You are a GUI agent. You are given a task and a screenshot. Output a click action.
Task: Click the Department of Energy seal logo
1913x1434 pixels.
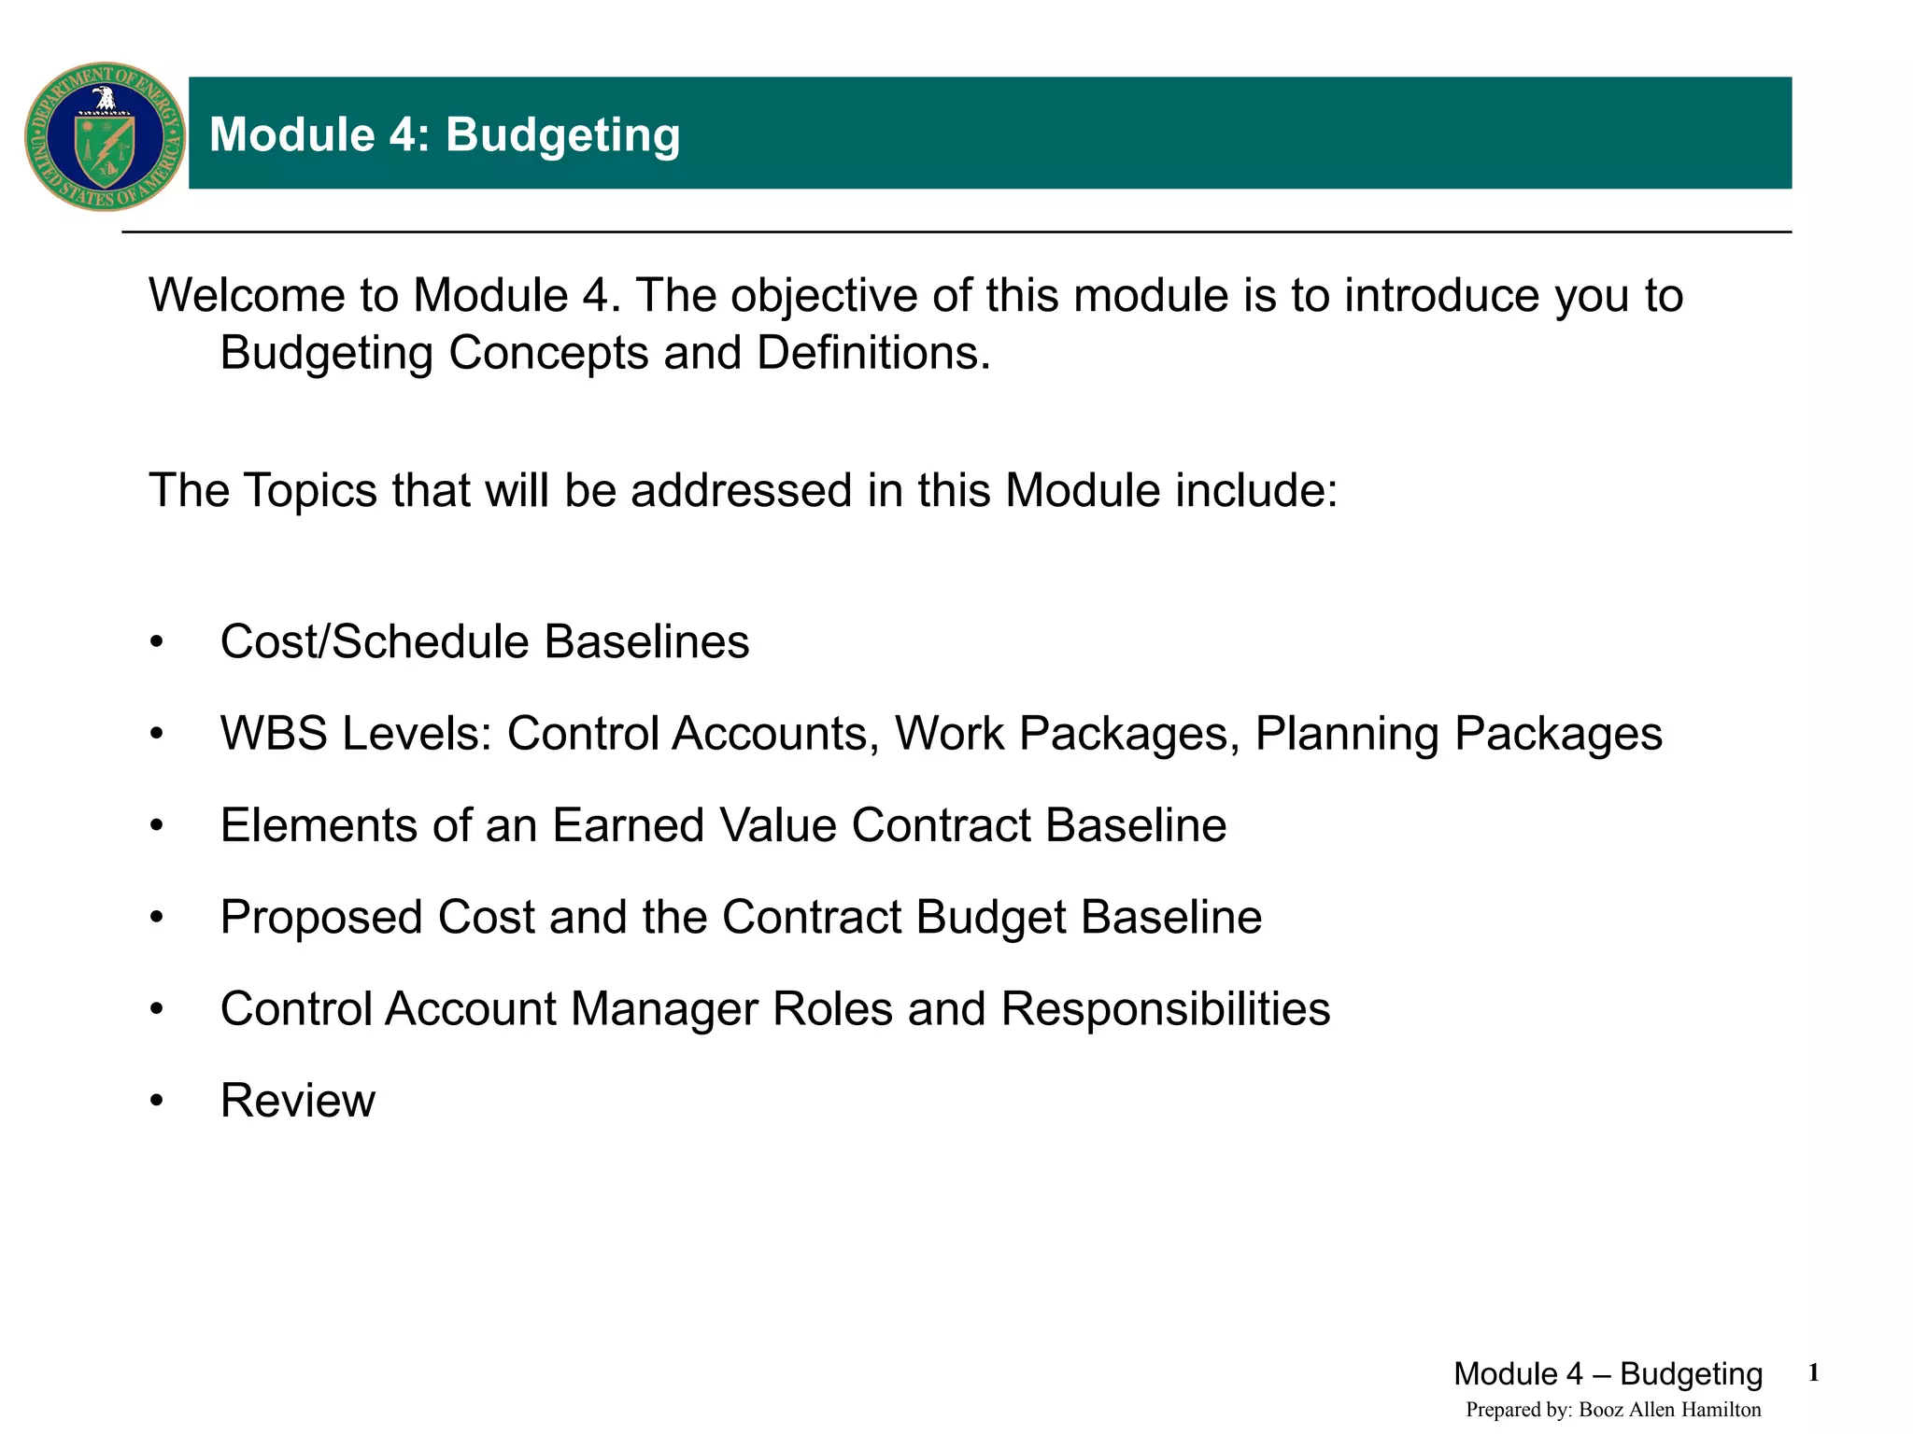105,136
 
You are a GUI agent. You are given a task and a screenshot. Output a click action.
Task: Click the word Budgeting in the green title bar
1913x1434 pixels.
562,134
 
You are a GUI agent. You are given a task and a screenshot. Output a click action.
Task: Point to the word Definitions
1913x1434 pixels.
873,353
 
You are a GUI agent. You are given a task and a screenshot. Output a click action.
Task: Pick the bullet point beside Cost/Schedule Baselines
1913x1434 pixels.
156,642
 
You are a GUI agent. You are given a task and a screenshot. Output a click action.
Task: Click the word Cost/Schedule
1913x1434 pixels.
375,642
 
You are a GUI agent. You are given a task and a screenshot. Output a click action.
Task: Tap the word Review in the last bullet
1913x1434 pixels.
297,1101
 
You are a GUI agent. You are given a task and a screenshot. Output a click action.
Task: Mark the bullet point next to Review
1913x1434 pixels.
156,1102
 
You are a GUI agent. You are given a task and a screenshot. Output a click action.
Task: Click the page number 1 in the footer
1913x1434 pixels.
1813,1372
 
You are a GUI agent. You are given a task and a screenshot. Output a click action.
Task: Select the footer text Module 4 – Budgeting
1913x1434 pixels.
1608,1374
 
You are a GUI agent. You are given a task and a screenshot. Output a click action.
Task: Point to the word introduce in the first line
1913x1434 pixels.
1442,296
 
